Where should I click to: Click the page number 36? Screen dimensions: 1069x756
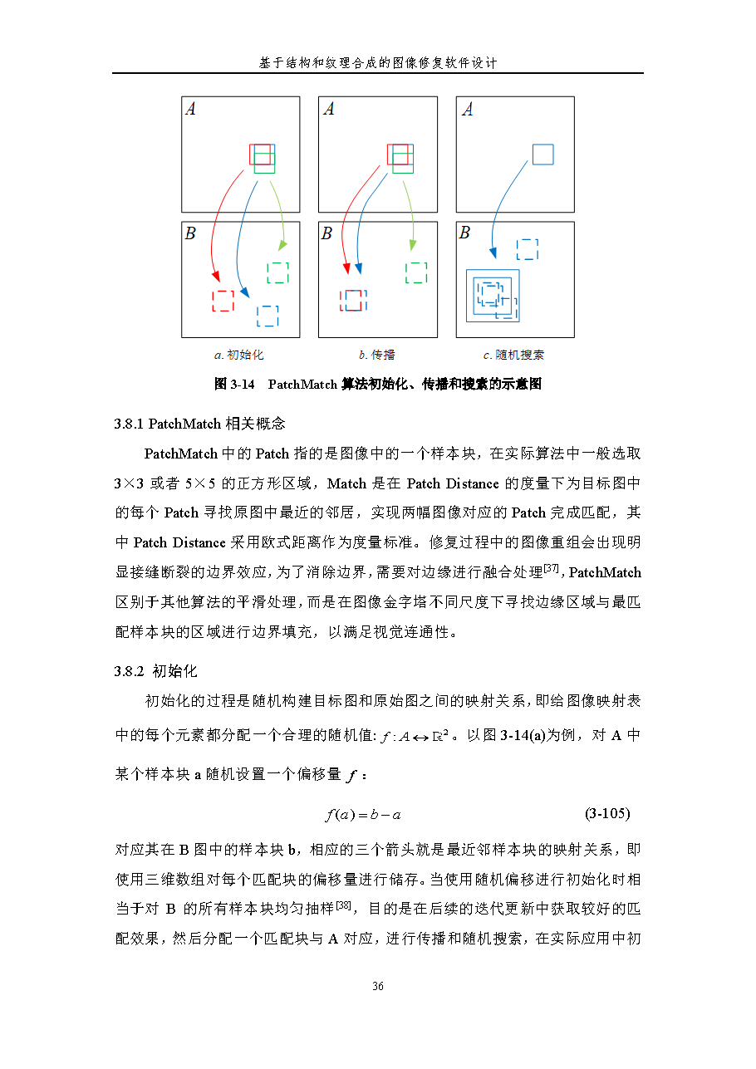point(377,986)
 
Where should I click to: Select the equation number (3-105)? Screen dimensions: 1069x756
point(613,814)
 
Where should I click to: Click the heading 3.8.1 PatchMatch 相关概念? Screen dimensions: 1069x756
point(199,424)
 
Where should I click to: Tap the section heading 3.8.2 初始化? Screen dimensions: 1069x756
point(156,671)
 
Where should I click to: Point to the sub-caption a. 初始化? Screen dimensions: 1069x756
point(238,355)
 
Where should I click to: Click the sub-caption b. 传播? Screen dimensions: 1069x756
point(376,355)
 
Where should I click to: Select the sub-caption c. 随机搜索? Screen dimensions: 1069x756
point(513,355)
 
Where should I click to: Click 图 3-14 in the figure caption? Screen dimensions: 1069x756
point(233,384)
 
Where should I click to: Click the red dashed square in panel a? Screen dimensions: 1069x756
point(223,301)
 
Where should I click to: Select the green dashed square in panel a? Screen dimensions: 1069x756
point(277,272)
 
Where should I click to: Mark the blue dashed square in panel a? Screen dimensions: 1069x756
point(268,316)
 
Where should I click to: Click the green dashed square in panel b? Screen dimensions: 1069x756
point(415,272)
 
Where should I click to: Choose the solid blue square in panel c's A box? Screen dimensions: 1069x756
point(542,154)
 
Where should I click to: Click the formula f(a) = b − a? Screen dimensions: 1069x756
point(363,815)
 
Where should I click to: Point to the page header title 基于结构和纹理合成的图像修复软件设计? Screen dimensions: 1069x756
point(378,63)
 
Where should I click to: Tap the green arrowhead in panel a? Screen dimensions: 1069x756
point(282,246)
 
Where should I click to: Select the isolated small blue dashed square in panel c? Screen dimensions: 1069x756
point(527,249)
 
